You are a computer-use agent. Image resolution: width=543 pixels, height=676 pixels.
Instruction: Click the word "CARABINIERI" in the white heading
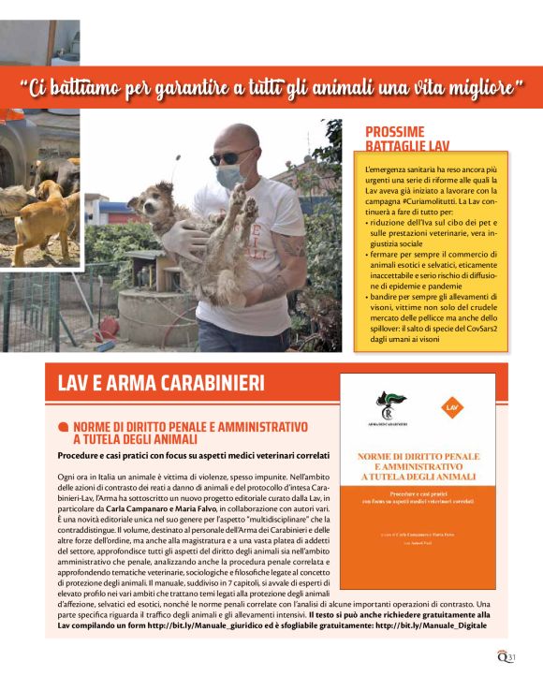(204, 384)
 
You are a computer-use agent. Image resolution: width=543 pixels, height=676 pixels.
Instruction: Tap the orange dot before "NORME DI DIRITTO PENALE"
(64, 427)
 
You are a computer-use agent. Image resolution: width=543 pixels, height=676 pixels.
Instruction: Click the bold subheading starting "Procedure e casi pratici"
(194, 456)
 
